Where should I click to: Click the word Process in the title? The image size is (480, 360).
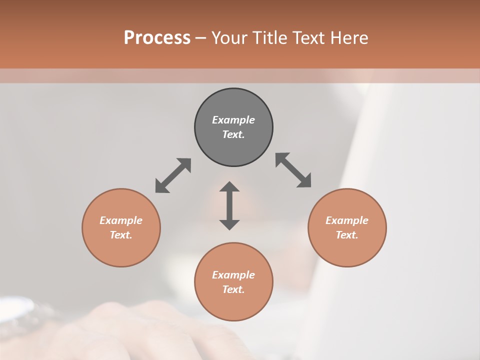(157, 38)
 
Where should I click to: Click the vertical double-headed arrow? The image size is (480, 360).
(229, 205)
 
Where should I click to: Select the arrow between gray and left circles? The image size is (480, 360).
(173, 175)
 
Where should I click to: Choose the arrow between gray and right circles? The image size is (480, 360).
(293, 170)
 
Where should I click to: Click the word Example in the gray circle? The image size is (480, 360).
(233, 120)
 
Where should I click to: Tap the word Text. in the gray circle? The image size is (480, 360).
(233, 134)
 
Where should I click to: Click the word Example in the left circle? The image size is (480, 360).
(121, 220)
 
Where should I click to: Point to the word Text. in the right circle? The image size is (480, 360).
(347, 235)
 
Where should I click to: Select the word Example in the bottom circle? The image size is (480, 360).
(233, 275)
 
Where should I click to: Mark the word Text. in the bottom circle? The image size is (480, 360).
(233, 289)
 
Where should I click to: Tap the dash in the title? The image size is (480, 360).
(201, 38)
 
